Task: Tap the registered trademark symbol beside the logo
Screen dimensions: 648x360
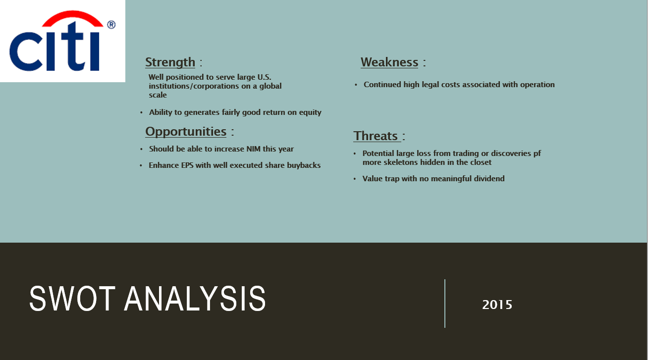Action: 111,25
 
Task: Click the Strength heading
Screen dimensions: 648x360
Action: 170,62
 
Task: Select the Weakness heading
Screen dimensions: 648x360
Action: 389,62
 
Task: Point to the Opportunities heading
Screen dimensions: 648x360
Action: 186,132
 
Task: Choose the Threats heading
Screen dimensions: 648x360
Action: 376,136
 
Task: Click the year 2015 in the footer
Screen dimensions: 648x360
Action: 497,305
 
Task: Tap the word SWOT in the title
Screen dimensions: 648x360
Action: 72,299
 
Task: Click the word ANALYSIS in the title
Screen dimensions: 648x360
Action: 195,299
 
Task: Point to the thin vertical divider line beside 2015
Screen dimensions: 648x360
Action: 445,304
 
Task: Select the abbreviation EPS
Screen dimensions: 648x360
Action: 187,165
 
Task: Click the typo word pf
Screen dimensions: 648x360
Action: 537,154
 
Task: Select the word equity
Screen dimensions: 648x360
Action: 310,112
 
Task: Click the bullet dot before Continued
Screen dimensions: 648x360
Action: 356,85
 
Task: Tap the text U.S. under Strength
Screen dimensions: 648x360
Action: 265,77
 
